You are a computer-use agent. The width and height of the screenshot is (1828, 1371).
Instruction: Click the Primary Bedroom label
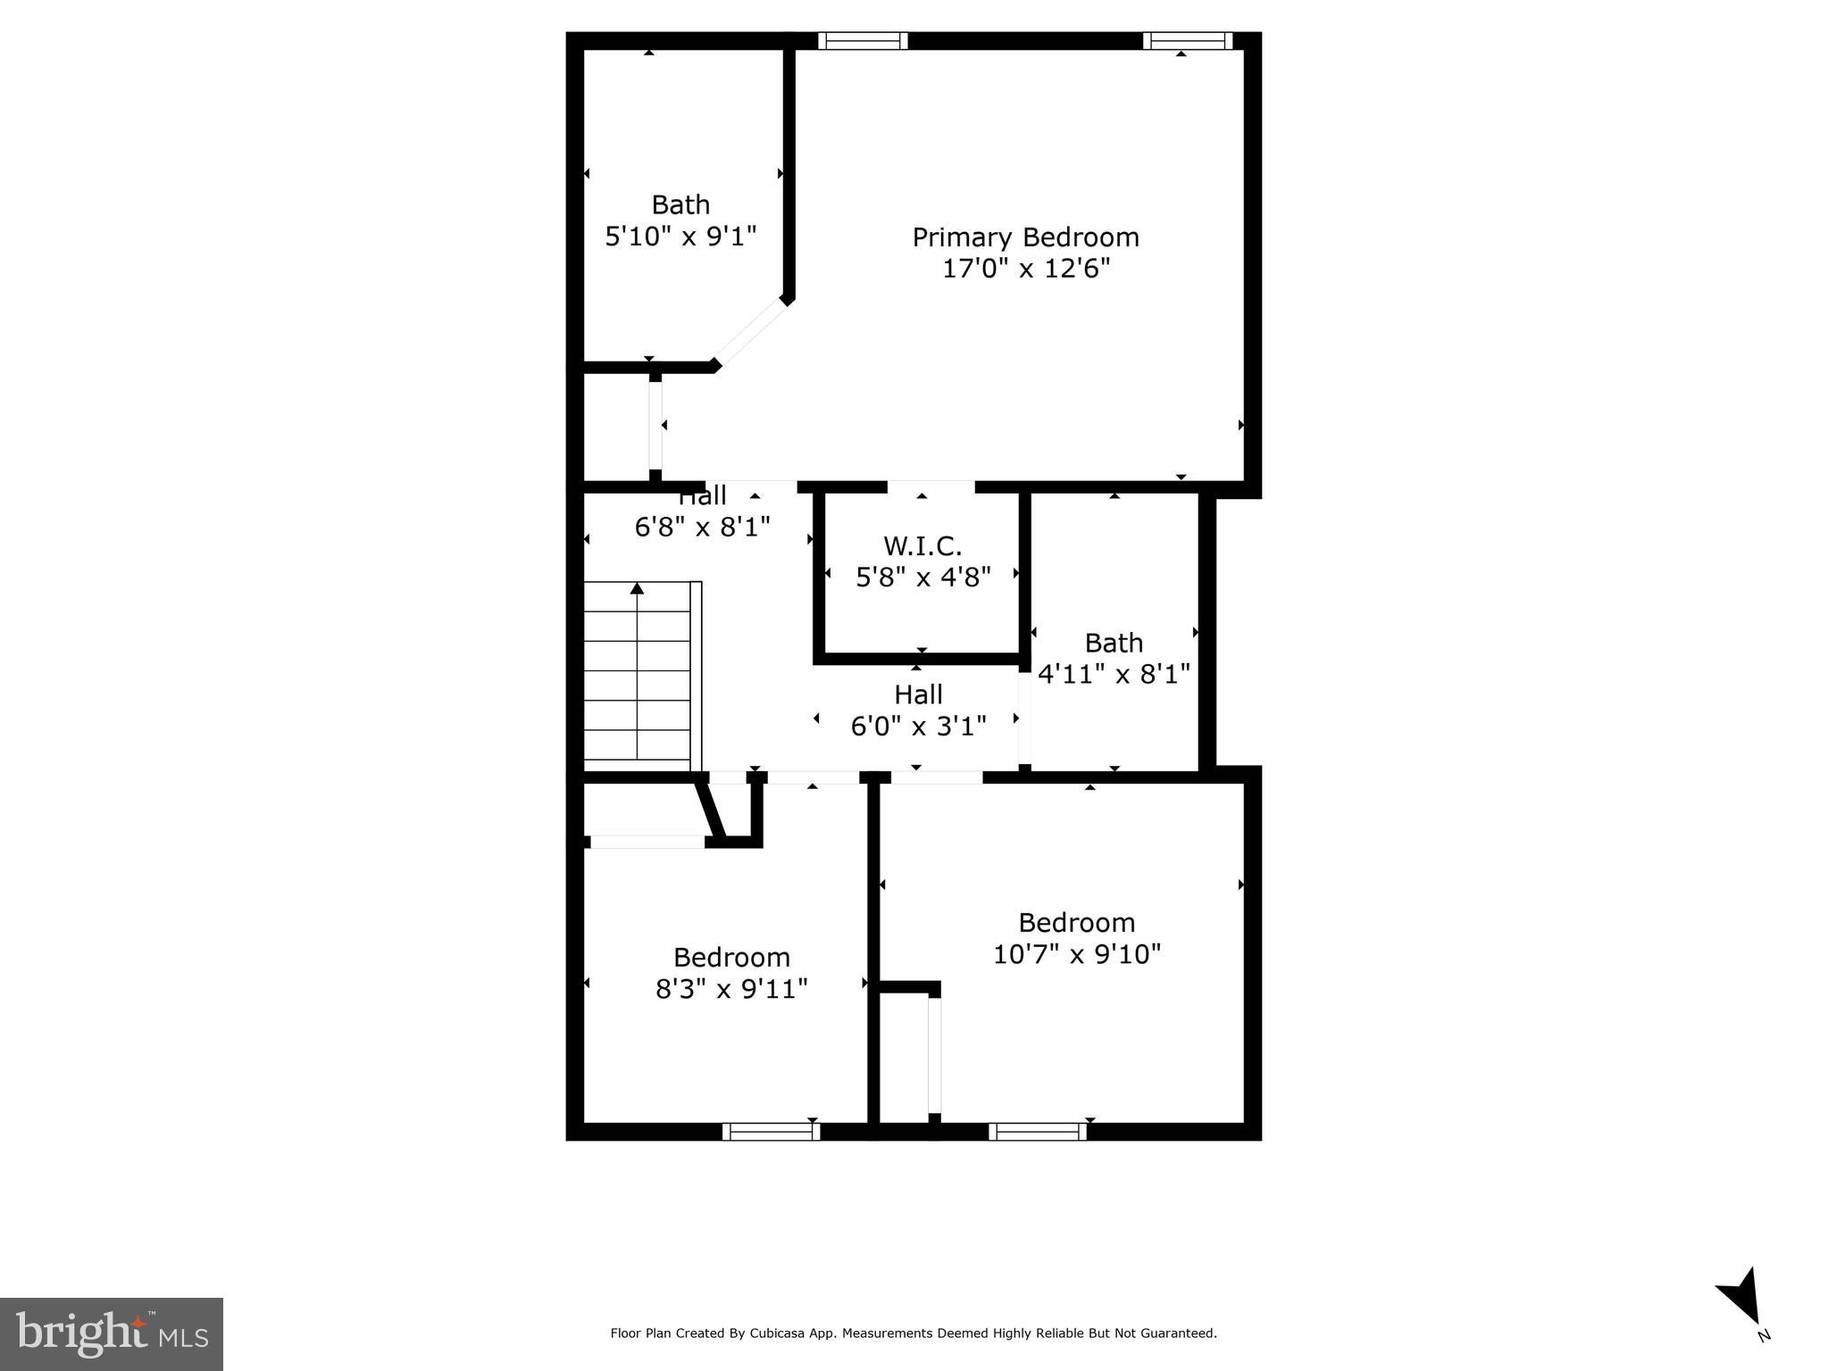coord(1025,237)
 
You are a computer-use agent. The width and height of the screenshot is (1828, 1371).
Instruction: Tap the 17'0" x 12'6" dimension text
coord(1025,269)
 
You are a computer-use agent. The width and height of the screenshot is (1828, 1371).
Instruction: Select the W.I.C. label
coord(922,545)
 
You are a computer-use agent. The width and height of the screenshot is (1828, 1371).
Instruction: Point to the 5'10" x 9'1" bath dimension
coord(680,237)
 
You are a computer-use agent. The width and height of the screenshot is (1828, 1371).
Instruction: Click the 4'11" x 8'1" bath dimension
coord(1114,674)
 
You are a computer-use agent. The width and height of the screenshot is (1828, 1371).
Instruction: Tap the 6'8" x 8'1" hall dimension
coord(702,528)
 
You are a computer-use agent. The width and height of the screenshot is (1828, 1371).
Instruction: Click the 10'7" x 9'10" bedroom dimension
coord(1076,954)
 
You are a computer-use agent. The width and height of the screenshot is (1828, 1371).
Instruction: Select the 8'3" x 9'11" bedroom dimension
coord(731,989)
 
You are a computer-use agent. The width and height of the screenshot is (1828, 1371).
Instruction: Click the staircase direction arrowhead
coord(637,588)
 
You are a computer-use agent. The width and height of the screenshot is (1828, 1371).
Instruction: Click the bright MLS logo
coord(111,1333)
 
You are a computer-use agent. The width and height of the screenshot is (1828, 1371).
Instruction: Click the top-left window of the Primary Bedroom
coord(863,41)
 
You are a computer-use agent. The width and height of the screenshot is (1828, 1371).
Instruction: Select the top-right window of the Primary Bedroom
coord(1188,41)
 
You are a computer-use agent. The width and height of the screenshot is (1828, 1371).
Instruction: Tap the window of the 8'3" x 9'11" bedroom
coord(771,1132)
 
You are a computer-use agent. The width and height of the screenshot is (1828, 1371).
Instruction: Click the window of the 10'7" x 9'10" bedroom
coord(1038,1132)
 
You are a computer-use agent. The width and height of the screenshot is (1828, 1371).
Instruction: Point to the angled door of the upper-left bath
coord(751,333)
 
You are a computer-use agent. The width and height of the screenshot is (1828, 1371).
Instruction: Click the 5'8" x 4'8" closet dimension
coord(922,577)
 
